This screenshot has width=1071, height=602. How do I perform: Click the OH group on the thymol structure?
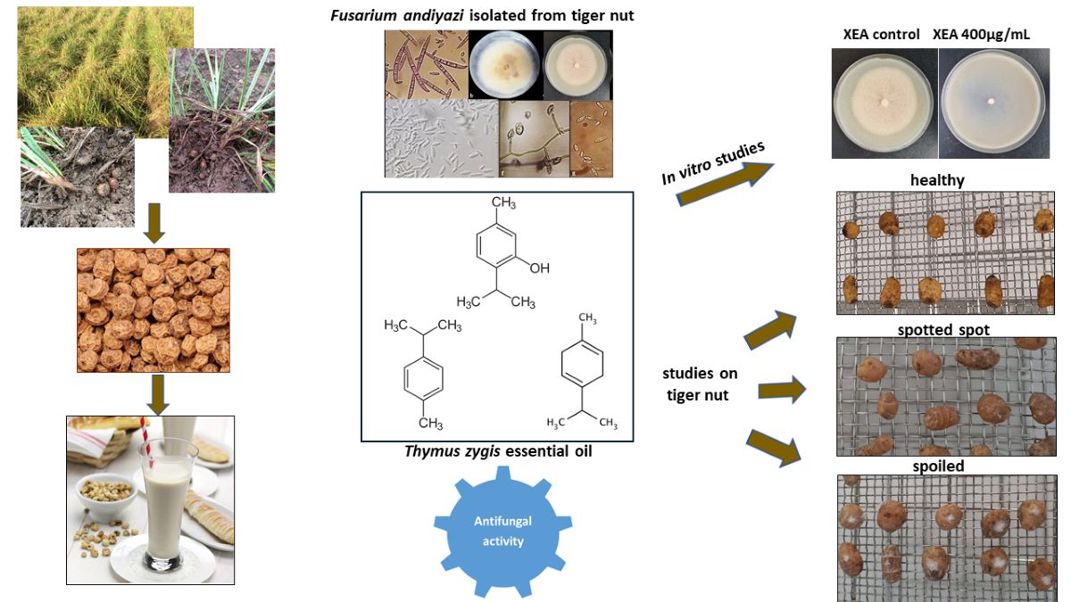(540, 268)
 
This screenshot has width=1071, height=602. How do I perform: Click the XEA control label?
(881, 35)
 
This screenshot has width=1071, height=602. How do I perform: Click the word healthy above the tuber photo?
(937, 180)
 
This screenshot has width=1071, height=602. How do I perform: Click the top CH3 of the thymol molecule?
(503, 203)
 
